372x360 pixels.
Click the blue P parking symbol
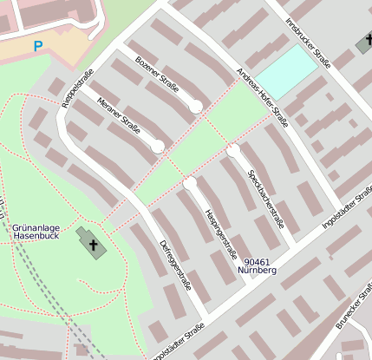[37, 46]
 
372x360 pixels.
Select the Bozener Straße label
[156, 76]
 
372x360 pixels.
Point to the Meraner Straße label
[119, 116]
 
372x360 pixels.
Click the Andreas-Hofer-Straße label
[263, 93]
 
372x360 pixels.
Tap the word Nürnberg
[257, 271]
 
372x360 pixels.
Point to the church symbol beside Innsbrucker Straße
[364, 44]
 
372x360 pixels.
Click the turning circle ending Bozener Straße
[196, 106]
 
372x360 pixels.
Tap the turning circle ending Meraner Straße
[158, 147]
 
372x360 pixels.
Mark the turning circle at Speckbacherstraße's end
[233, 151]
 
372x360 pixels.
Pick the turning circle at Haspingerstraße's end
[190, 183]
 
